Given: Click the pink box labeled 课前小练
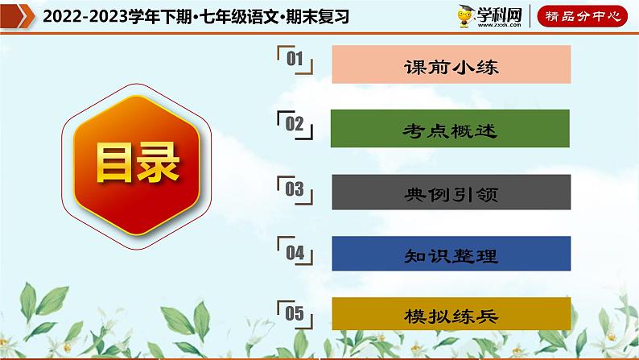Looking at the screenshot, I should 451,66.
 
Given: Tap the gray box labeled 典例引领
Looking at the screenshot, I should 451,193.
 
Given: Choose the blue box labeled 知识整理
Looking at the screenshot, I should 451,256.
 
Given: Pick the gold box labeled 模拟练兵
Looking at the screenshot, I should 451,316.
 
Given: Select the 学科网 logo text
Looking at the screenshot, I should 500,14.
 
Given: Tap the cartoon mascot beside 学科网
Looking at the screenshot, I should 465,15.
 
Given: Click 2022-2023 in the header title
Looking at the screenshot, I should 76,16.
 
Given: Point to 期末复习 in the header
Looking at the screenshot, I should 322,16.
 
